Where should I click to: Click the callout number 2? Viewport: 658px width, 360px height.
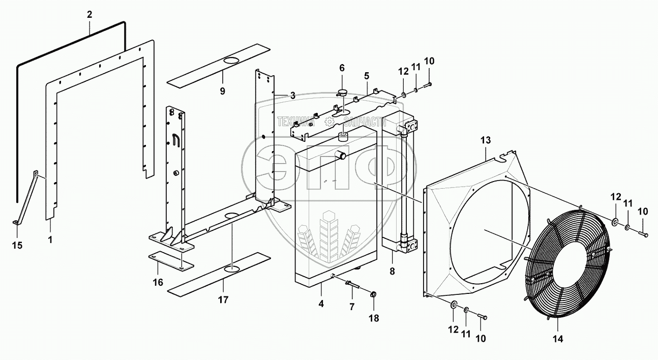(89, 14)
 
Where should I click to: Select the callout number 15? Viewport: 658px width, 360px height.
(18, 246)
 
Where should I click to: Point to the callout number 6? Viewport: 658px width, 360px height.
(342, 68)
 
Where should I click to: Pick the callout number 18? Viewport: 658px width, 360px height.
(375, 319)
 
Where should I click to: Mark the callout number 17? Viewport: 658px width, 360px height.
(223, 299)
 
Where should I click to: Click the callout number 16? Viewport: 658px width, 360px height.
(158, 282)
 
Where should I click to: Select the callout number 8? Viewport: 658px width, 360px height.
(392, 272)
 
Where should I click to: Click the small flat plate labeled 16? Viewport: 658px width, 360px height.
(171, 261)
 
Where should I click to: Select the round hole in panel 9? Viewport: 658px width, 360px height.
(232, 61)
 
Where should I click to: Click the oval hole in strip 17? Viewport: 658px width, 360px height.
(231, 268)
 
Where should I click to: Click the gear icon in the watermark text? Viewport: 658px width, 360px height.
(329, 121)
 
